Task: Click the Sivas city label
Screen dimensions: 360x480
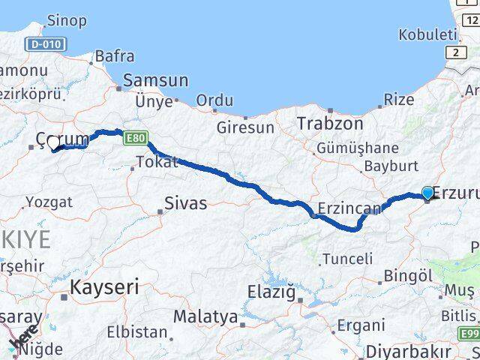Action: pyautogui.click(x=186, y=203)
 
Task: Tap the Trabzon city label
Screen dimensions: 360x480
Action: pyautogui.click(x=330, y=123)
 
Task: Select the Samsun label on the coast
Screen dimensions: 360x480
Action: pyautogui.click(x=155, y=80)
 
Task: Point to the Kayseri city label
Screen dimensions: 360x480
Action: pyautogui.click(x=104, y=286)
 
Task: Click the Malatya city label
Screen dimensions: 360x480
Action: pyautogui.click(x=205, y=316)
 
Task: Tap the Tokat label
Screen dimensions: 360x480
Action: pyautogui.click(x=157, y=162)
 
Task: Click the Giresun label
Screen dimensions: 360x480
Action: pyautogui.click(x=245, y=127)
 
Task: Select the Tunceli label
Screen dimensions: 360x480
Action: pyautogui.click(x=346, y=259)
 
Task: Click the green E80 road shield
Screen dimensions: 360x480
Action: pyautogui.click(x=136, y=139)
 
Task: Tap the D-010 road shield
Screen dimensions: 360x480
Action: pyautogui.click(x=44, y=45)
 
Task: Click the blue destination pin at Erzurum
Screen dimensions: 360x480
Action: pyautogui.click(x=427, y=193)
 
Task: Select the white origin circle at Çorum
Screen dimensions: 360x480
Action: pyautogui.click(x=53, y=142)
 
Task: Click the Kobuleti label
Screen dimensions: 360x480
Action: pyautogui.click(x=427, y=34)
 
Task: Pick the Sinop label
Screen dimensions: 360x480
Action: pyautogui.click(x=66, y=20)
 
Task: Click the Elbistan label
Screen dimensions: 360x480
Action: pyautogui.click(x=136, y=331)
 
